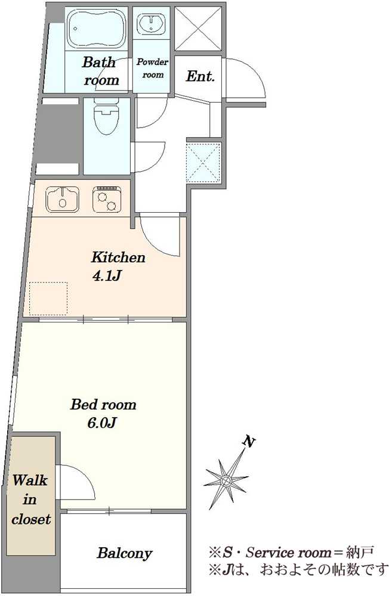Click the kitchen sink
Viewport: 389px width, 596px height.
point(63,199)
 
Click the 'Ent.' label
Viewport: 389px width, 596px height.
point(200,76)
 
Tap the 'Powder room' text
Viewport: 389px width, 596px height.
point(153,68)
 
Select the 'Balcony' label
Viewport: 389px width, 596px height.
point(125,553)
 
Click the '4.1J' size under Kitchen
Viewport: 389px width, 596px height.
point(107,275)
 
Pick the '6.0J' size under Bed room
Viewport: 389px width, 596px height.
point(101,423)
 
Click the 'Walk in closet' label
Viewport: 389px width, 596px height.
point(30,499)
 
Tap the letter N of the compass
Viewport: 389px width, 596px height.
point(249,442)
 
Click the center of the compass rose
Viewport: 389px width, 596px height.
point(226,480)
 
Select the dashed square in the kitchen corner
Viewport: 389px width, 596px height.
point(48,299)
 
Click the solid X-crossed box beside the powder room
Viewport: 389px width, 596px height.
point(198,29)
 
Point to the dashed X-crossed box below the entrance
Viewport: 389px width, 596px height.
point(203,162)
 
